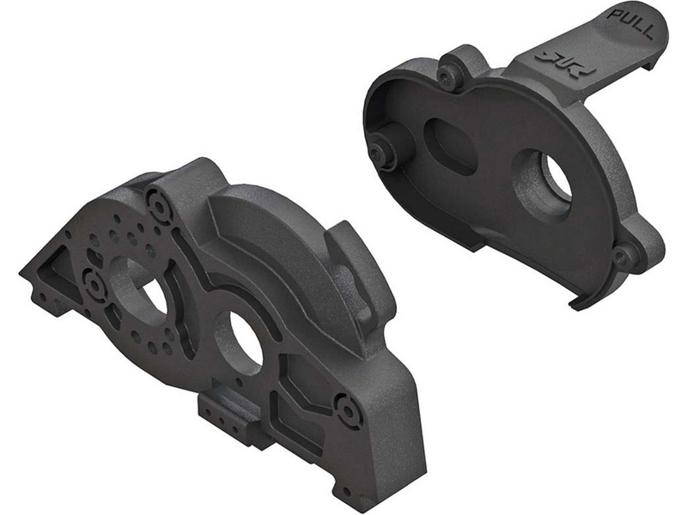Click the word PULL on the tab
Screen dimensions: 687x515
click(x=631, y=23)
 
